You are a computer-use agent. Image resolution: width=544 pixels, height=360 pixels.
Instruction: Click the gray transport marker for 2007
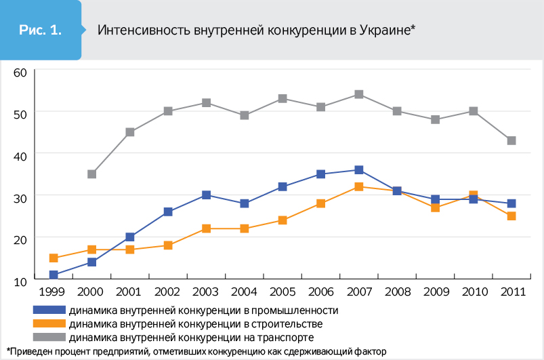click(359, 94)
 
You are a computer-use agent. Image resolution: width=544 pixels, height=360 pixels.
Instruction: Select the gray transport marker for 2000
click(91, 174)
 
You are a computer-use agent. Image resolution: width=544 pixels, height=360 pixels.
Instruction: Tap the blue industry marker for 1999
click(54, 275)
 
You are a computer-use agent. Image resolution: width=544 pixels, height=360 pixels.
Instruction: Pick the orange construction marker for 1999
click(54, 258)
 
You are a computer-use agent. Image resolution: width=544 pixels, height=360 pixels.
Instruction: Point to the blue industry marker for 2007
click(359, 170)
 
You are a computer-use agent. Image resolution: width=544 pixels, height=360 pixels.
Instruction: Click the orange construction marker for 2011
click(511, 216)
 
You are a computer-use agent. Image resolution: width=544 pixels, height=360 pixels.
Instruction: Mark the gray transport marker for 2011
click(511, 141)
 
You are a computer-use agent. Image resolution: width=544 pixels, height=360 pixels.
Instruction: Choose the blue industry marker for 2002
click(168, 212)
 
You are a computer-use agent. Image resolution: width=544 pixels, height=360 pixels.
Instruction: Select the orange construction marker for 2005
click(283, 220)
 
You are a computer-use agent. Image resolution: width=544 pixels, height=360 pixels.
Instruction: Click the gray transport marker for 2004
click(245, 115)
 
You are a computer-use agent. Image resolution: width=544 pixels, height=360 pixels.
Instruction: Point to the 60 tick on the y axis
click(19, 73)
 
